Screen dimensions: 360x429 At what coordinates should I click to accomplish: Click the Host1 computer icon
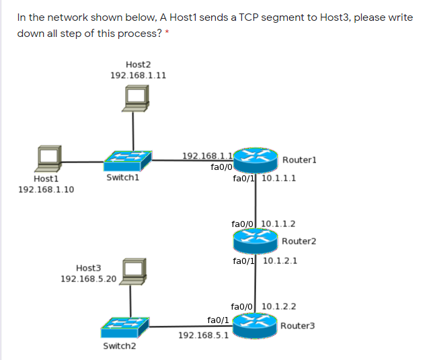[x=49, y=159]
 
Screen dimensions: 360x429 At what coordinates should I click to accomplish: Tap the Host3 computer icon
[x=133, y=271]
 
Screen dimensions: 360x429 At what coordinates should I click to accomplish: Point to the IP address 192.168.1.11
[x=138, y=76]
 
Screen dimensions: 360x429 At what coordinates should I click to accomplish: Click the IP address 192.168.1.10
[x=46, y=190]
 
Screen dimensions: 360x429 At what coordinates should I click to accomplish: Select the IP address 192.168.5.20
[x=88, y=279]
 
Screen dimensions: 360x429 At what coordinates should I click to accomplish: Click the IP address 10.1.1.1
[x=279, y=179]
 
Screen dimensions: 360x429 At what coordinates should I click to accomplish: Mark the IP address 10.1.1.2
[x=278, y=224]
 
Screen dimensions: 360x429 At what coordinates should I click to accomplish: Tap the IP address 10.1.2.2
[x=279, y=307]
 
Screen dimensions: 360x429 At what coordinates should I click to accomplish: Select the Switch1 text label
[x=122, y=179]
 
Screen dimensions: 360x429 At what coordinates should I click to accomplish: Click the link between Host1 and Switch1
[x=83, y=161]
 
